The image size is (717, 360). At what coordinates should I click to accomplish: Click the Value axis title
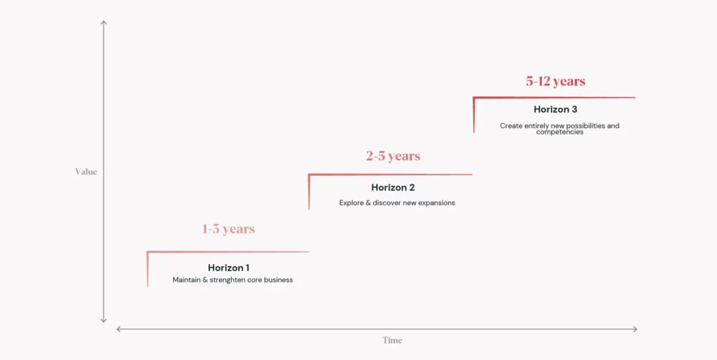86,172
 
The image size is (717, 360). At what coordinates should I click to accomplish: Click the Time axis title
392,340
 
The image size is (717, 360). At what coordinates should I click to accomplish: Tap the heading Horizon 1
229,268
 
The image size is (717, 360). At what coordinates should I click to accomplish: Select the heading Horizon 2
393,188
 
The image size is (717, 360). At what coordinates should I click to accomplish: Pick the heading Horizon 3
555,110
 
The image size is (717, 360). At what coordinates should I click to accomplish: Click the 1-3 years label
229,229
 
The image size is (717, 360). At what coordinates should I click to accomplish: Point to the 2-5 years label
393,156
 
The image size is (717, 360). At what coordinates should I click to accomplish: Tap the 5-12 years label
555,81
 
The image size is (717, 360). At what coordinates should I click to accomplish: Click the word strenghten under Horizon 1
229,280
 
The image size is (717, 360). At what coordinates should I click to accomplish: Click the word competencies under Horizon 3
559,132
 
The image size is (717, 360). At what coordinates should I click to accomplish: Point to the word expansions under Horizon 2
438,203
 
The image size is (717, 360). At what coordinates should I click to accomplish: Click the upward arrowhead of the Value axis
104,22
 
